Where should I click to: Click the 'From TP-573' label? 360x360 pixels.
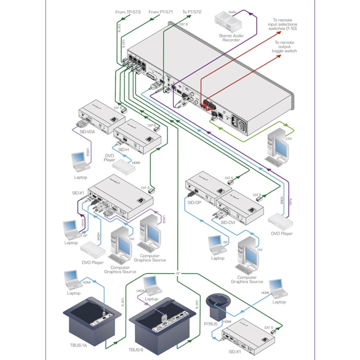[x=128, y=12]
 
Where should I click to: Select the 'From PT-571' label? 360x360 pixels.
[x=160, y=12]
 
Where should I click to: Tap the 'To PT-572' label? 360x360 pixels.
[x=192, y=12]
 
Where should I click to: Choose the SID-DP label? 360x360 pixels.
[x=194, y=202]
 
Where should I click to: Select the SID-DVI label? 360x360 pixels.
[x=228, y=223]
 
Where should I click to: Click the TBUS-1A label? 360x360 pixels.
[x=78, y=345]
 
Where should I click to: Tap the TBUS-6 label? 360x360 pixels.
[x=136, y=350]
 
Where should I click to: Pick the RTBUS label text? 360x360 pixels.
[x=210, y=324]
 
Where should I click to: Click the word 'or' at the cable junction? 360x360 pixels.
[x=178, y=273]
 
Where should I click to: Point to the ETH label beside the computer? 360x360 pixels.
[x=289, y=139]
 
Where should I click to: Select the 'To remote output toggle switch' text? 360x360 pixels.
[x=284, y=47]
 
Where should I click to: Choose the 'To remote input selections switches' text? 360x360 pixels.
[x=283, y=24]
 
